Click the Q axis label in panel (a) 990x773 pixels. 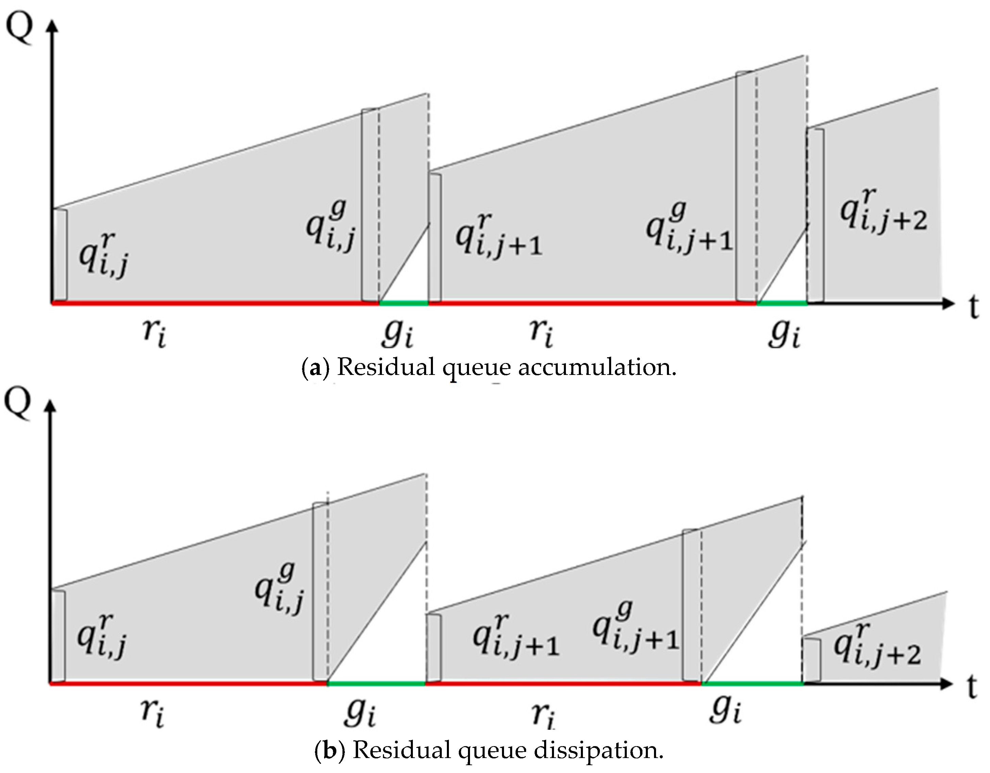click(x=19, y=27)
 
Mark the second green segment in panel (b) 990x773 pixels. click(x=753, y=683)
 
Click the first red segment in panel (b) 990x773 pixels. click(x=188, y=683)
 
